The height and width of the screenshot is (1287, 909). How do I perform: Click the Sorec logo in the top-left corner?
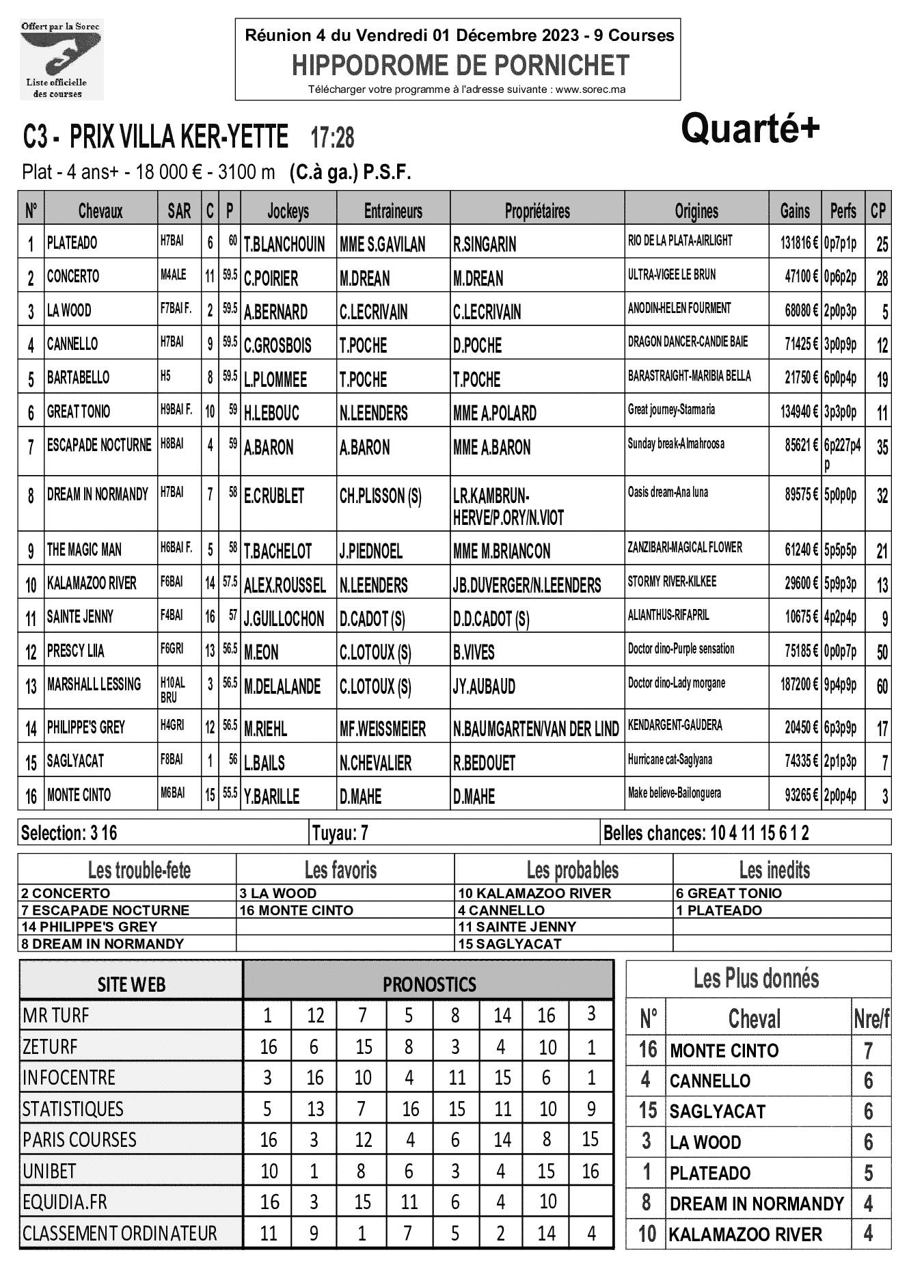pyautogui.click(x=61, y=60)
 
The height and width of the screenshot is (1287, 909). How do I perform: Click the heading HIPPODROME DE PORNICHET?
pyautogui.click(x=460, y=66)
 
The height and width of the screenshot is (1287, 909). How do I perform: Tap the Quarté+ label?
pyautogui.click(x=750, y=128)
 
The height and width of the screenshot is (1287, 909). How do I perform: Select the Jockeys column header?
pyautogui.click(x=288, y=211)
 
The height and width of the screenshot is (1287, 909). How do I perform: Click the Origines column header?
pyautogui.click(x=696, y=211)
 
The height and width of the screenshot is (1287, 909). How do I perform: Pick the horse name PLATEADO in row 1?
pyautogui.click(x=72, y=243)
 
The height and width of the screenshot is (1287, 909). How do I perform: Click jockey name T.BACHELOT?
pyautogui.click(x=277, y=551)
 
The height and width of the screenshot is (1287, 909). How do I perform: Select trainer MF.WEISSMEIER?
pyautogui.click(x=383, y=729)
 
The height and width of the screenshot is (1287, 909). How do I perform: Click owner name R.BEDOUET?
pyautogui.click(x=484, y=763)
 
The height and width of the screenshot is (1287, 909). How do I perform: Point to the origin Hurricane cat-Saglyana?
pyautogui.click(x=675, y=759)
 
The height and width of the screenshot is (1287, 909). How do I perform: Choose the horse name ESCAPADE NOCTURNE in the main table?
pyautogui.click(x=99, y=446)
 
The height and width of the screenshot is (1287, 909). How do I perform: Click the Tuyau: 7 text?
pyautogui.click(x=340, y=833)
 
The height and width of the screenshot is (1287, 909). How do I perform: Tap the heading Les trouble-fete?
pyautogui.click(x=139, y=870)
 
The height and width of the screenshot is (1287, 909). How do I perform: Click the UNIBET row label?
pyautogui.click(x=50, y=1171)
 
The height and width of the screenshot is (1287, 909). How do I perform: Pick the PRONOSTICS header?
pyautogui.click(x=429, y=984)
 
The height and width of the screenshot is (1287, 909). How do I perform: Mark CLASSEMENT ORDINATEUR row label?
pyautogui.click(x=120, y=1233)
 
